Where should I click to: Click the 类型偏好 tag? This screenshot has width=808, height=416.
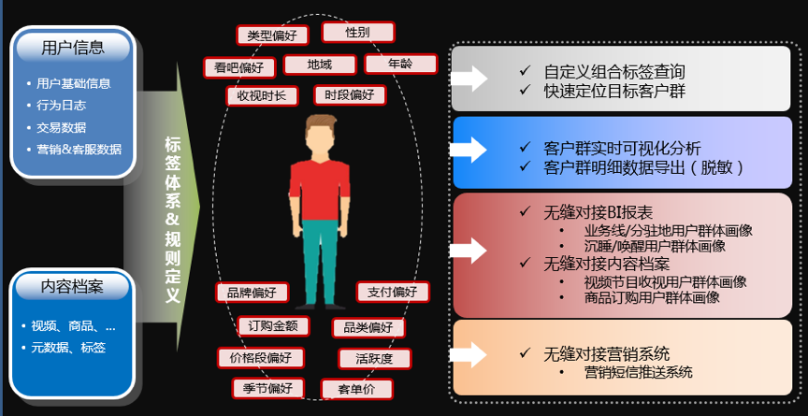pos(272,36)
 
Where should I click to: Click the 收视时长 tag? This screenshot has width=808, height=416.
pos(263,95)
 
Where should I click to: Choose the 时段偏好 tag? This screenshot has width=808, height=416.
pos(350,94)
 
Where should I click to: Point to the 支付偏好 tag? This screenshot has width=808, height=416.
pos(393,292)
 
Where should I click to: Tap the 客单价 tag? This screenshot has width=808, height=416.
pos(356,388)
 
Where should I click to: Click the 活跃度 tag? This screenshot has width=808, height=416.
pos(374,357)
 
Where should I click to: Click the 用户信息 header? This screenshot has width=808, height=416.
pos(73,47)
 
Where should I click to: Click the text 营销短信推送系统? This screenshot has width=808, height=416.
pos(639,372)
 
